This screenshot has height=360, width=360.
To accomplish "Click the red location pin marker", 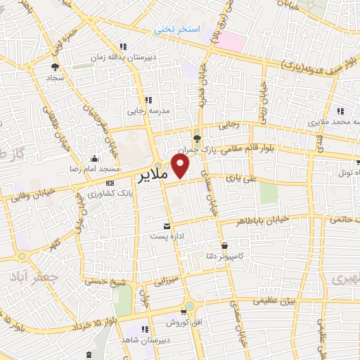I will (x=181, y=166).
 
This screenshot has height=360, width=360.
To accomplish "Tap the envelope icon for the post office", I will (x=167, y=226).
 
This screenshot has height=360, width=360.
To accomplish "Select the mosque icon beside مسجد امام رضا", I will (x=95, y=158).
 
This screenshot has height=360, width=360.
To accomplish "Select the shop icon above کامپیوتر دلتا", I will (x=224, y=245).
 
